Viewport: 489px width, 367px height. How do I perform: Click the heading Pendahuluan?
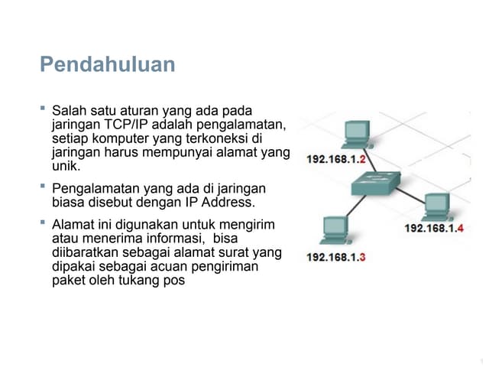point(107,64)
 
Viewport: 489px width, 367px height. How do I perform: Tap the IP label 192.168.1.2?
point(336,160)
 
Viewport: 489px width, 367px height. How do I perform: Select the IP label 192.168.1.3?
point(336,257)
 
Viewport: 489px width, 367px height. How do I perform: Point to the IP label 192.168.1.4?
point(434,228)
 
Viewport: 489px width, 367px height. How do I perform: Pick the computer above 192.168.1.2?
point(356,135)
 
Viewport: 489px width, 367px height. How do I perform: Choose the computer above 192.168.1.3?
point(334,230)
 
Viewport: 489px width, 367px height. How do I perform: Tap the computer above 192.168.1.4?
point(436,206)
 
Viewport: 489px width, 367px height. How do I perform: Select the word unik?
point(64,166)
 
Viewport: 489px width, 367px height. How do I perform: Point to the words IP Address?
point(220,203)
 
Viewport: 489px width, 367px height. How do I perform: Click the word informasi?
point(169,239)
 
